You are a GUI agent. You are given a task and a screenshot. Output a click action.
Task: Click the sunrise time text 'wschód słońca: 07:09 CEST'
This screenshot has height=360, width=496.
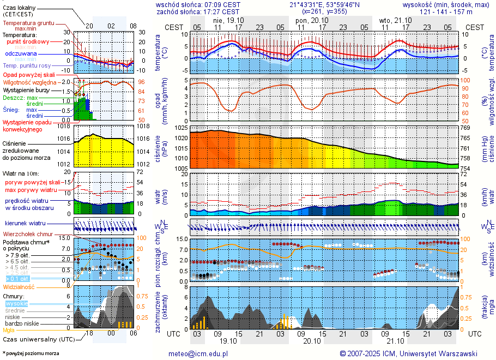click(x=198, y=4)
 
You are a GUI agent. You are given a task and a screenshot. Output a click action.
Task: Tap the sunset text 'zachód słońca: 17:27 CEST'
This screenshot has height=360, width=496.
click(x=198, y=11)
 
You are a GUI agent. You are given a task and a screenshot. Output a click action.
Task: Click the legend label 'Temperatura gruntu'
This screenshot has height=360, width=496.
click(x=28, y=23)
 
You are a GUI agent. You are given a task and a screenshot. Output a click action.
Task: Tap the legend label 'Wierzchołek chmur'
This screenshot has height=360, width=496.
click(x=28, y=234)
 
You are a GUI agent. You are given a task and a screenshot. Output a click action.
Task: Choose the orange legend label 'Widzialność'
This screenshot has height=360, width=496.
click(x=19, y=286)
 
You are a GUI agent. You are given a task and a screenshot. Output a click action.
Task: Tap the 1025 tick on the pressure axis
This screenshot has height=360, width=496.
click(x=181, y=128)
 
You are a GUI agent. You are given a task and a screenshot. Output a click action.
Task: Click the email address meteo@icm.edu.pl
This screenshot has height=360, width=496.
click(x=198, y=353)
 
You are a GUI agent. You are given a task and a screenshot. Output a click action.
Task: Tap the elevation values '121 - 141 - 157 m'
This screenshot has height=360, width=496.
click(x=446, y=11)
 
